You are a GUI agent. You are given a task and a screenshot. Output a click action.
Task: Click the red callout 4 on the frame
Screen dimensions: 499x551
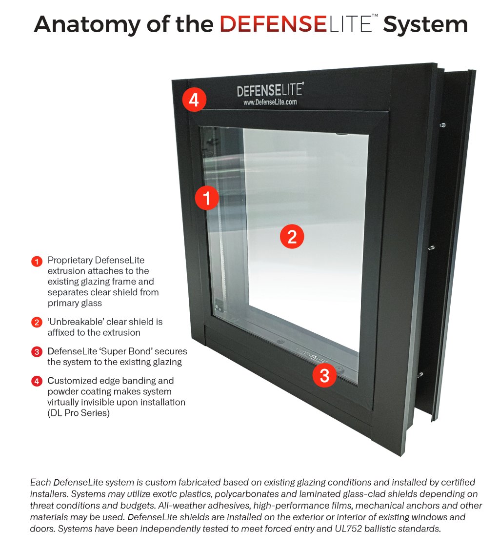(194, 100)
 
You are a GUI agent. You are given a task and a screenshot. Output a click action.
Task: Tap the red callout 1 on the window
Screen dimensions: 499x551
(207, 198)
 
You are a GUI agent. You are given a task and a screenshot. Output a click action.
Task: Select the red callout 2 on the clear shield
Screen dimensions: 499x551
(292, 237)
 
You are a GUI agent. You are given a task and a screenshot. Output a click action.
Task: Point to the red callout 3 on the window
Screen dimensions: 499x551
(324, 375)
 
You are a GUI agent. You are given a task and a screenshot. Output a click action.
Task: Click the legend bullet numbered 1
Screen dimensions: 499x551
(37, 262)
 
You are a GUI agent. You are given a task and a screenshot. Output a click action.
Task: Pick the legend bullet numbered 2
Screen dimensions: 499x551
(37, 322)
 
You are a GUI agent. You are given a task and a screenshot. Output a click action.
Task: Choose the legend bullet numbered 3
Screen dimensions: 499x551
(37, 352)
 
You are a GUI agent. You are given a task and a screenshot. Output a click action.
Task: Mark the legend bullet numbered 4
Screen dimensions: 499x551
(37, 381)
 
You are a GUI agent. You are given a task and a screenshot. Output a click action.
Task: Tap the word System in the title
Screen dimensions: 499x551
(425, 24)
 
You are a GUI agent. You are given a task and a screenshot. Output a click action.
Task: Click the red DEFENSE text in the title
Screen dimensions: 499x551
(273, 24)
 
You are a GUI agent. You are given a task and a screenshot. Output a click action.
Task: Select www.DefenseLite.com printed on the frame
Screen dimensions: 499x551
(270, 102)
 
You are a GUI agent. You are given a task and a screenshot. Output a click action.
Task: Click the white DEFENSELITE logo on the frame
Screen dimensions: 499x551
(270, 90)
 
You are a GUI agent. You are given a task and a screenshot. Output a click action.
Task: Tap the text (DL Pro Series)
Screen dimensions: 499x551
(79, 413)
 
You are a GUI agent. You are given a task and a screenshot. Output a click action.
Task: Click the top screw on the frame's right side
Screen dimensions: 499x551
(443, 125)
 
